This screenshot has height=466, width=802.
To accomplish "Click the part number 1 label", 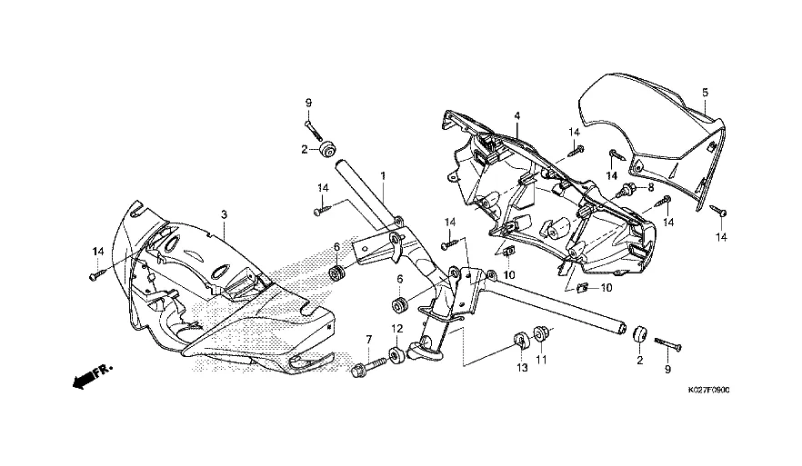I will click(384, 174).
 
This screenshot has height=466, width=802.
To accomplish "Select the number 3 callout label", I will click(224, 213).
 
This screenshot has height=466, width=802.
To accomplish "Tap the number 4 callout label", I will click(516, 116).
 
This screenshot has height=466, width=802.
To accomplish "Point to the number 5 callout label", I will click(705, 92).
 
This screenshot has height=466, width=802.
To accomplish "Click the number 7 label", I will click(369, 339).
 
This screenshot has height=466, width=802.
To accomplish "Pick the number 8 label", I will click(649, 188).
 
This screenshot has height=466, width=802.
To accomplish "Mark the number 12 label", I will click(396, 328).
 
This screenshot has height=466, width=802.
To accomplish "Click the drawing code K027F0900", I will click(704, 390).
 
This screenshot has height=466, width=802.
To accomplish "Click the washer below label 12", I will click(396, 353).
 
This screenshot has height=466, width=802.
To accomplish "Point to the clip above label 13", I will click(522, 341).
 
